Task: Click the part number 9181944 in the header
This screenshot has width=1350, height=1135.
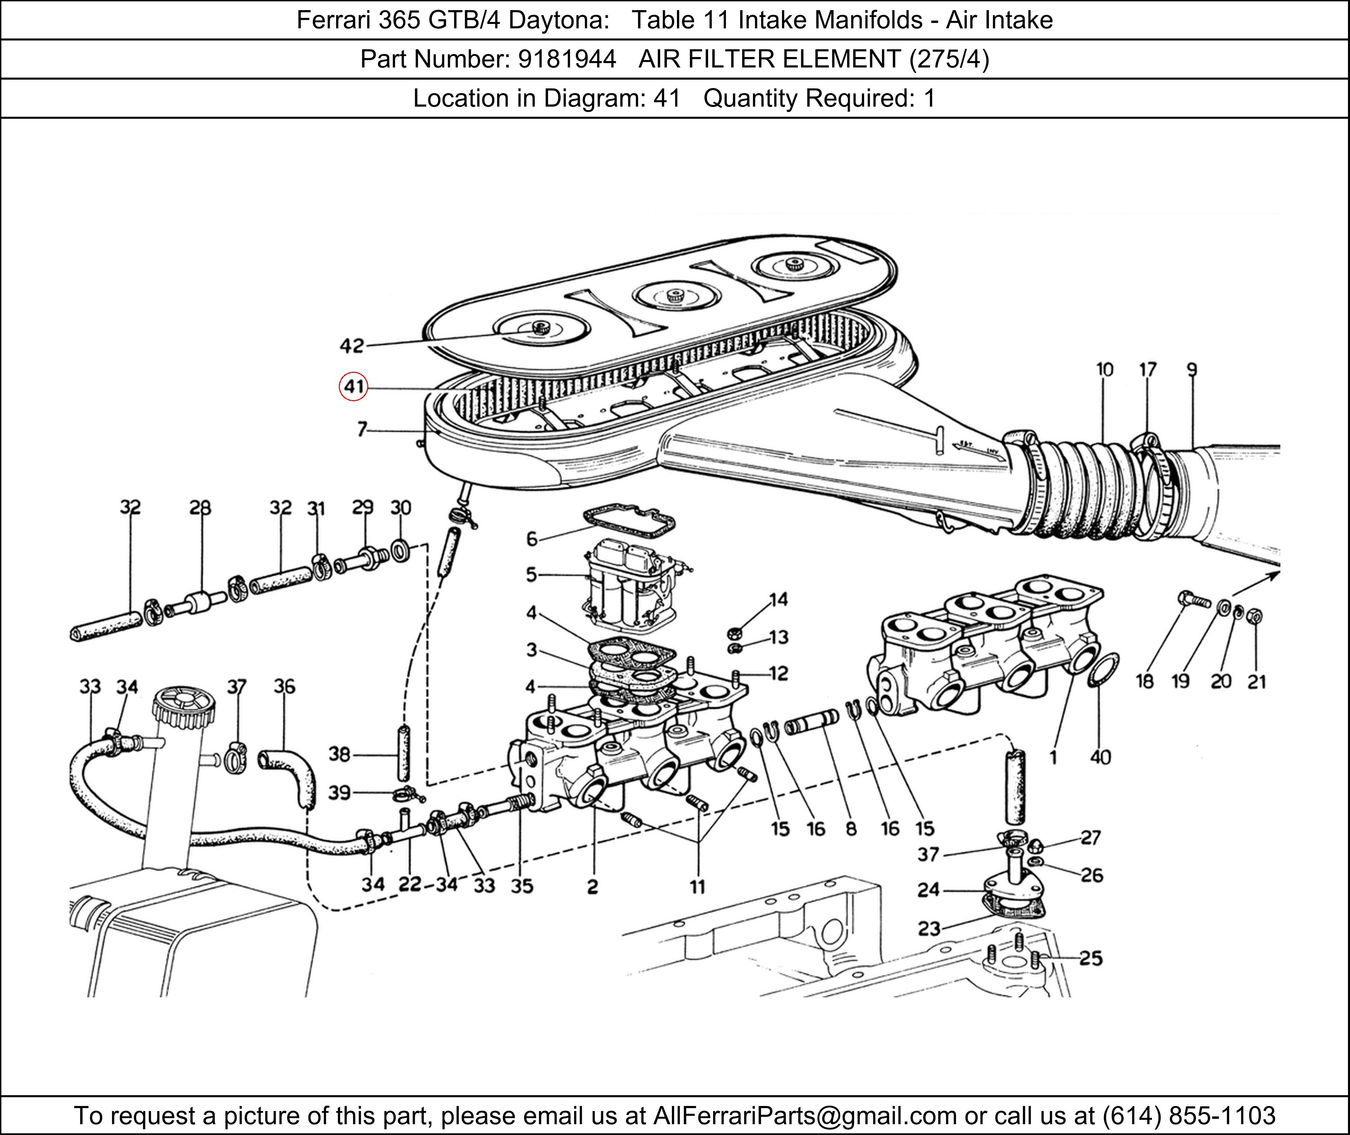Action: pyautogui.click(x=567, y=59)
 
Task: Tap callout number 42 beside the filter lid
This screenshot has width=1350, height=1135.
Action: pyautogui.click(x=352, y=346)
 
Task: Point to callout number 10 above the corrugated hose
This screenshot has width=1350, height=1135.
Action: pyautogui.click(x=1104, y=370)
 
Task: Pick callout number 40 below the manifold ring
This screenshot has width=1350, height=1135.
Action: pyautogui.click(x=1100, y=757)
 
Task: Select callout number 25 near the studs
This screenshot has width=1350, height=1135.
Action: pyautogui.click(x=1091, y=959)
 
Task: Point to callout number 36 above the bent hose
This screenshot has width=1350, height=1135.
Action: pyautogui.click(x=285, y=687)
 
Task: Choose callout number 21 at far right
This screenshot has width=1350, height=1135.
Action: pyautogui.click(x=1257, y=682)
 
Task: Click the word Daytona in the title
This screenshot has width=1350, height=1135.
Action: pyautogui.click(x=559, y=21)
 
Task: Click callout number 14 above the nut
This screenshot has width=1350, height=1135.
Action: pyautogui.click(x=779, y=600)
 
